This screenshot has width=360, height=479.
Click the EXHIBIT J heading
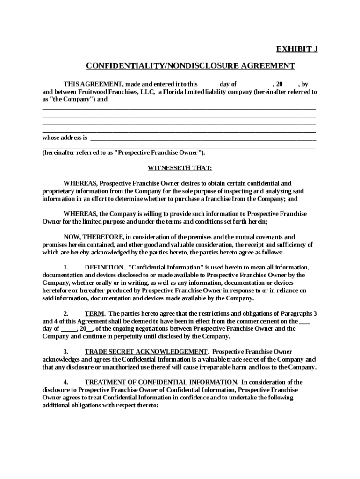coord(297,49)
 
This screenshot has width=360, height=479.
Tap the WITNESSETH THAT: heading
coord(180,168)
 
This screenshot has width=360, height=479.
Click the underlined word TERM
coord(94,313)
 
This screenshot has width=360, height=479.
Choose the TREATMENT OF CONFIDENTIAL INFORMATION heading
coord(161,382)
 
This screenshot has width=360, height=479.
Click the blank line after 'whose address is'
coord(203,138)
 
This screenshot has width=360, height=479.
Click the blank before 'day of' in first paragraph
coord(208,84)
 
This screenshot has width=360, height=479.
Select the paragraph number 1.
coord(66,267)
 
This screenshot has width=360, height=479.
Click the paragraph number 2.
coord(66,313)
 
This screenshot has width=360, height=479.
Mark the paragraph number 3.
coord(66,351)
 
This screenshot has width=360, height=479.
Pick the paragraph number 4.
coord(66,382)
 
